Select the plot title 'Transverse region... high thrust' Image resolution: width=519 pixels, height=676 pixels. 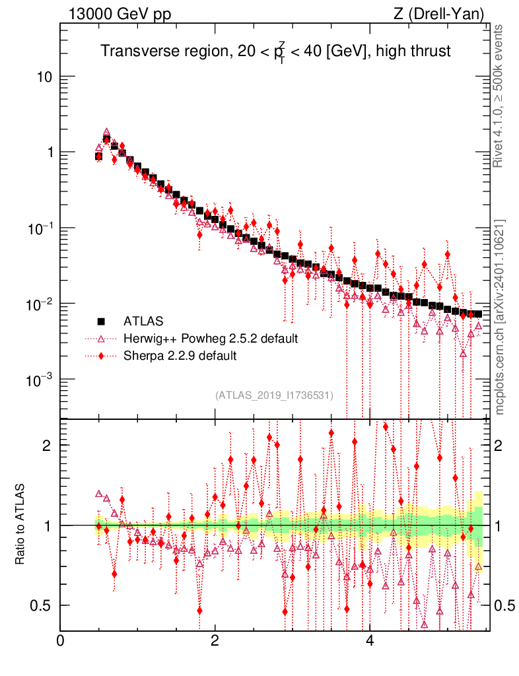pos(275,52)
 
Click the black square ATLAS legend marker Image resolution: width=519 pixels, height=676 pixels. pos(102,321)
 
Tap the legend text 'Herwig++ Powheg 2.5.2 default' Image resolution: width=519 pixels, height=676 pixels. pos(211,339)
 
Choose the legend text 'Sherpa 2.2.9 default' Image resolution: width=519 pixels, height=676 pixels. pos(180,356)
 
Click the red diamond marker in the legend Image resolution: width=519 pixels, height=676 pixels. pos(102,356)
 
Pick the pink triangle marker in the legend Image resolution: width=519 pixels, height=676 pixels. pos(102,339)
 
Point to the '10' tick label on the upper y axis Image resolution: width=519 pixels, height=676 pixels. pos(45,77)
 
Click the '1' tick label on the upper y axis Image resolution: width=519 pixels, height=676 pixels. pos(48,152)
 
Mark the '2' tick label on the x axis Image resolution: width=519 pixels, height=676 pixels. pos(215,641)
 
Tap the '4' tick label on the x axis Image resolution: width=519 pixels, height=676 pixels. pos(370,641)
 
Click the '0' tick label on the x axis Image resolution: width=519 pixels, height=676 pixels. pos(61,641)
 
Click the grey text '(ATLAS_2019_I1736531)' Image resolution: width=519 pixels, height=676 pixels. pos(274,395)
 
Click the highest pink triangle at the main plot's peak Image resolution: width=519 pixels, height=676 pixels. pos(106,132)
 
